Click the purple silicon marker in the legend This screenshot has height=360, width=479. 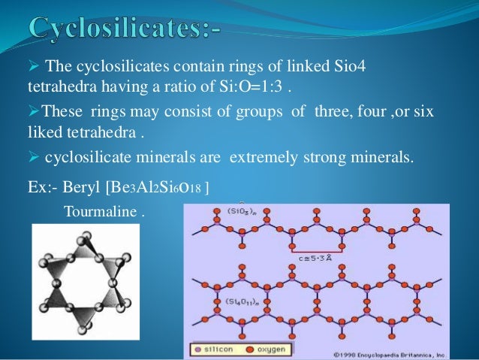coord(196,349)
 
